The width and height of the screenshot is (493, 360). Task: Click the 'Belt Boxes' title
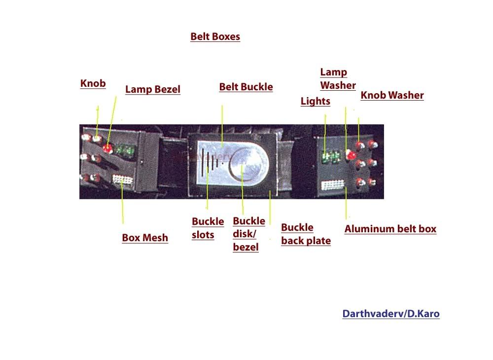point(215,36)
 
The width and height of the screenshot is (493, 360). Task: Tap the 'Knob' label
point(93,83)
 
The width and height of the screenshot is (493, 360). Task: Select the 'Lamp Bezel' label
point(153,89)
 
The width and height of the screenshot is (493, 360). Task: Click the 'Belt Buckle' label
point(246,87)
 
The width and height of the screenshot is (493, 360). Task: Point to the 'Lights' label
point(316,101)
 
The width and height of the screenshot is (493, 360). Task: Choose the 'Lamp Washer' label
point(338,79)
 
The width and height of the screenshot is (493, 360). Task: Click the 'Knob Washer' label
point(392,95)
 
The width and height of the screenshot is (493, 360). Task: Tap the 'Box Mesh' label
point(145,238)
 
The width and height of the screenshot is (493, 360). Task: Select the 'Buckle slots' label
point(208,228)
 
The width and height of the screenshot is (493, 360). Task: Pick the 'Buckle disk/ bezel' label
point(249,234)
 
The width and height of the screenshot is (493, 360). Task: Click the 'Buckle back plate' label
point(306,234)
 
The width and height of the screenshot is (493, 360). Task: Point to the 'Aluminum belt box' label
point(390,229)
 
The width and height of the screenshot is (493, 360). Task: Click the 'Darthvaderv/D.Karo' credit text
point(391,314)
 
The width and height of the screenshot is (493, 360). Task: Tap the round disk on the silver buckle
point(248,164)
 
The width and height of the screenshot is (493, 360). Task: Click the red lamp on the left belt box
point(108,148)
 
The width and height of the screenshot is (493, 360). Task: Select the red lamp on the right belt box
point(351,154)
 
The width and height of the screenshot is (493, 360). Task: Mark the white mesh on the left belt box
point(123,180)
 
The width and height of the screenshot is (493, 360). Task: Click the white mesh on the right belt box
point(332,185)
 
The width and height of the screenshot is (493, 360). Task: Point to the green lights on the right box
point(331,156)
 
